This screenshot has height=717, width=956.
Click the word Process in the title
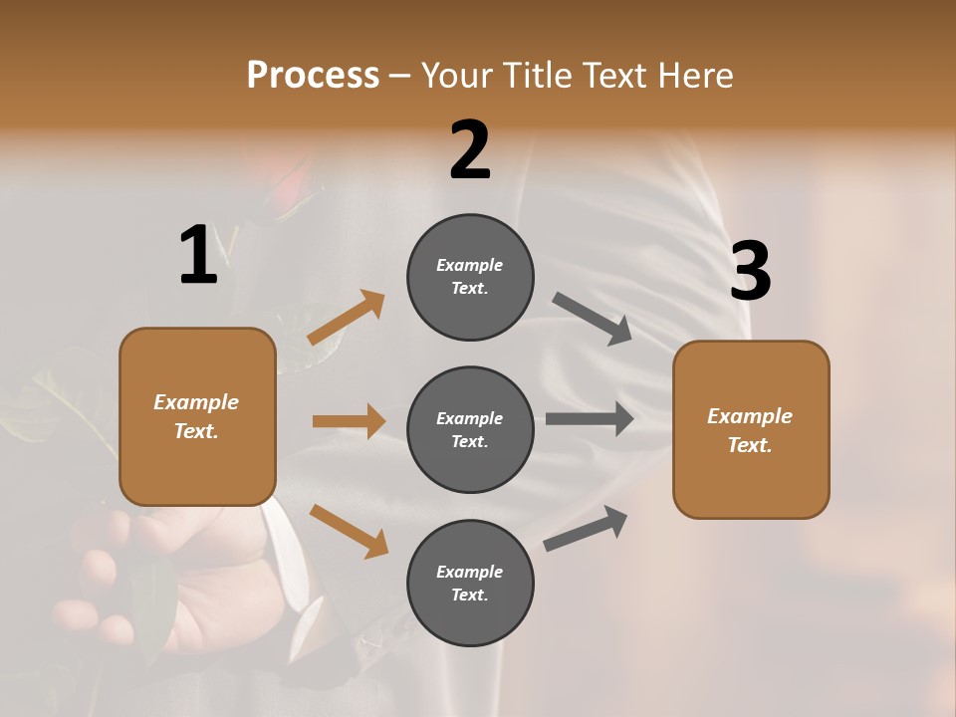[313, 75]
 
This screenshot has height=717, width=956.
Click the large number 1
[198, 255]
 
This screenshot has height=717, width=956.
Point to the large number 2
[470, 150]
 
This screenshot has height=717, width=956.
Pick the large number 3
[750, 272]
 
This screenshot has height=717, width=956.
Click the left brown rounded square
[197, 416]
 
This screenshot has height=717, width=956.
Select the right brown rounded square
[751, 429]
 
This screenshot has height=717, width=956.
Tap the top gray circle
[470, 277]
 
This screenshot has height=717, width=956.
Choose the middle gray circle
[470, 429]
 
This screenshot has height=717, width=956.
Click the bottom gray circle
[470, 583]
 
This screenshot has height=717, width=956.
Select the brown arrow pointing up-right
[347, 318]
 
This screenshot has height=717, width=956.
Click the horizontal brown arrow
[349, 421]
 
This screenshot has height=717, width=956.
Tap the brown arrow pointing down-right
[349, 530]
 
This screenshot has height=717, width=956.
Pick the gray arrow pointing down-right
[593, 319]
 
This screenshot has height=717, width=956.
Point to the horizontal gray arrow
[590, 419]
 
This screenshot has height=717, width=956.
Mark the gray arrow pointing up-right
[586, 528]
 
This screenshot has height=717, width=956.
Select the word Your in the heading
[456, 75]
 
